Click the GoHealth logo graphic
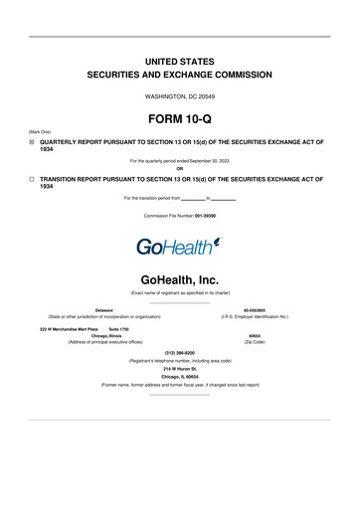(x=180, y=244)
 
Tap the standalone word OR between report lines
(x=180, y=167)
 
